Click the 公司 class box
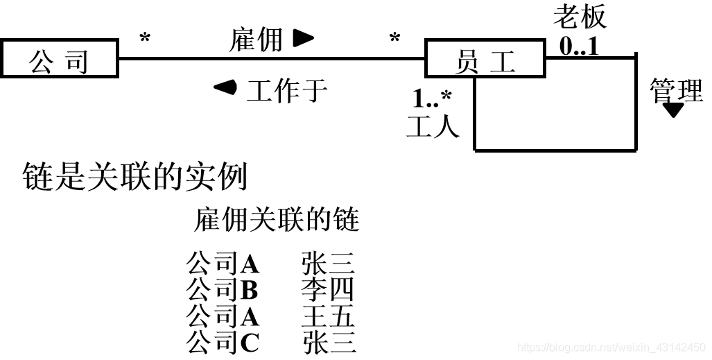tap(58, 61)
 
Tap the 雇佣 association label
tap(256, 40)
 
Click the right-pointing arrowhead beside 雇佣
tap(303, 39)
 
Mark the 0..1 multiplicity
tap(578, 46)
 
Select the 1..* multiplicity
tap(432, 99)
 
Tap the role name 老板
tap(580, 17)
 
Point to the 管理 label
tap(676, 90)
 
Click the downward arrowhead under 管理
tap(673, 111)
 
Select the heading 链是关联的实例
tap(134, 178)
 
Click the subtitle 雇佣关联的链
tap(277, 221)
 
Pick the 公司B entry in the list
tap(223, 289)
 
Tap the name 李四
tap(328, 289)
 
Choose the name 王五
tap(328, 316)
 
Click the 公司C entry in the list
tap(223, 342)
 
